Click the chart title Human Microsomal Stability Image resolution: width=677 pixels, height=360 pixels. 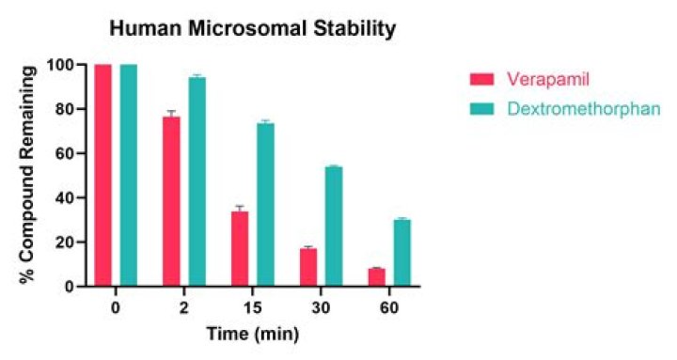(x=253, y=28)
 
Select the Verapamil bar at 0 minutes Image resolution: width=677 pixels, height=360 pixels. (x=102, y=175)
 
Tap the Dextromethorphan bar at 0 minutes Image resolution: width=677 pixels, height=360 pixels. (x=129, y=175)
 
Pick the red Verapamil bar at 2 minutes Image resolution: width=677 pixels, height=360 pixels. (x=171, y=201)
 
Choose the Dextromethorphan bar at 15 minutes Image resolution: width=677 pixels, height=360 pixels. (x=265, y=204)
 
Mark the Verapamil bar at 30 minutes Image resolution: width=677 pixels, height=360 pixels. (x=308, y=267)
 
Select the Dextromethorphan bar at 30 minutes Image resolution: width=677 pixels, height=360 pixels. (x=334, y=227)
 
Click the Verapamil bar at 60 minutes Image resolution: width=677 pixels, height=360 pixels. (x=377, y=276)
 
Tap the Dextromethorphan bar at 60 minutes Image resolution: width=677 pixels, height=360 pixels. (x=402, y=253)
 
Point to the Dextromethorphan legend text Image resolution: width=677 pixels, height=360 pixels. (x=584, y=109)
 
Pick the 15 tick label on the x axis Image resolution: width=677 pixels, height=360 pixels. (x=252, y=306)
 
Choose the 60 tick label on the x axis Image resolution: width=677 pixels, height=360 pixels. (x=389, y=306)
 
